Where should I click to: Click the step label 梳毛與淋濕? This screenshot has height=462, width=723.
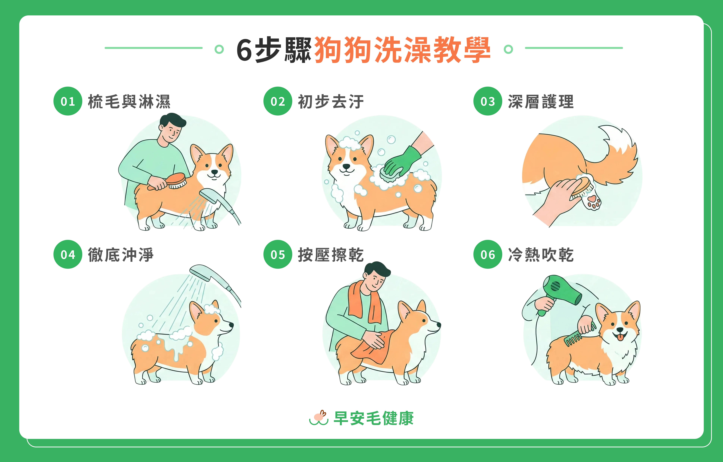[x=129, y=102]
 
